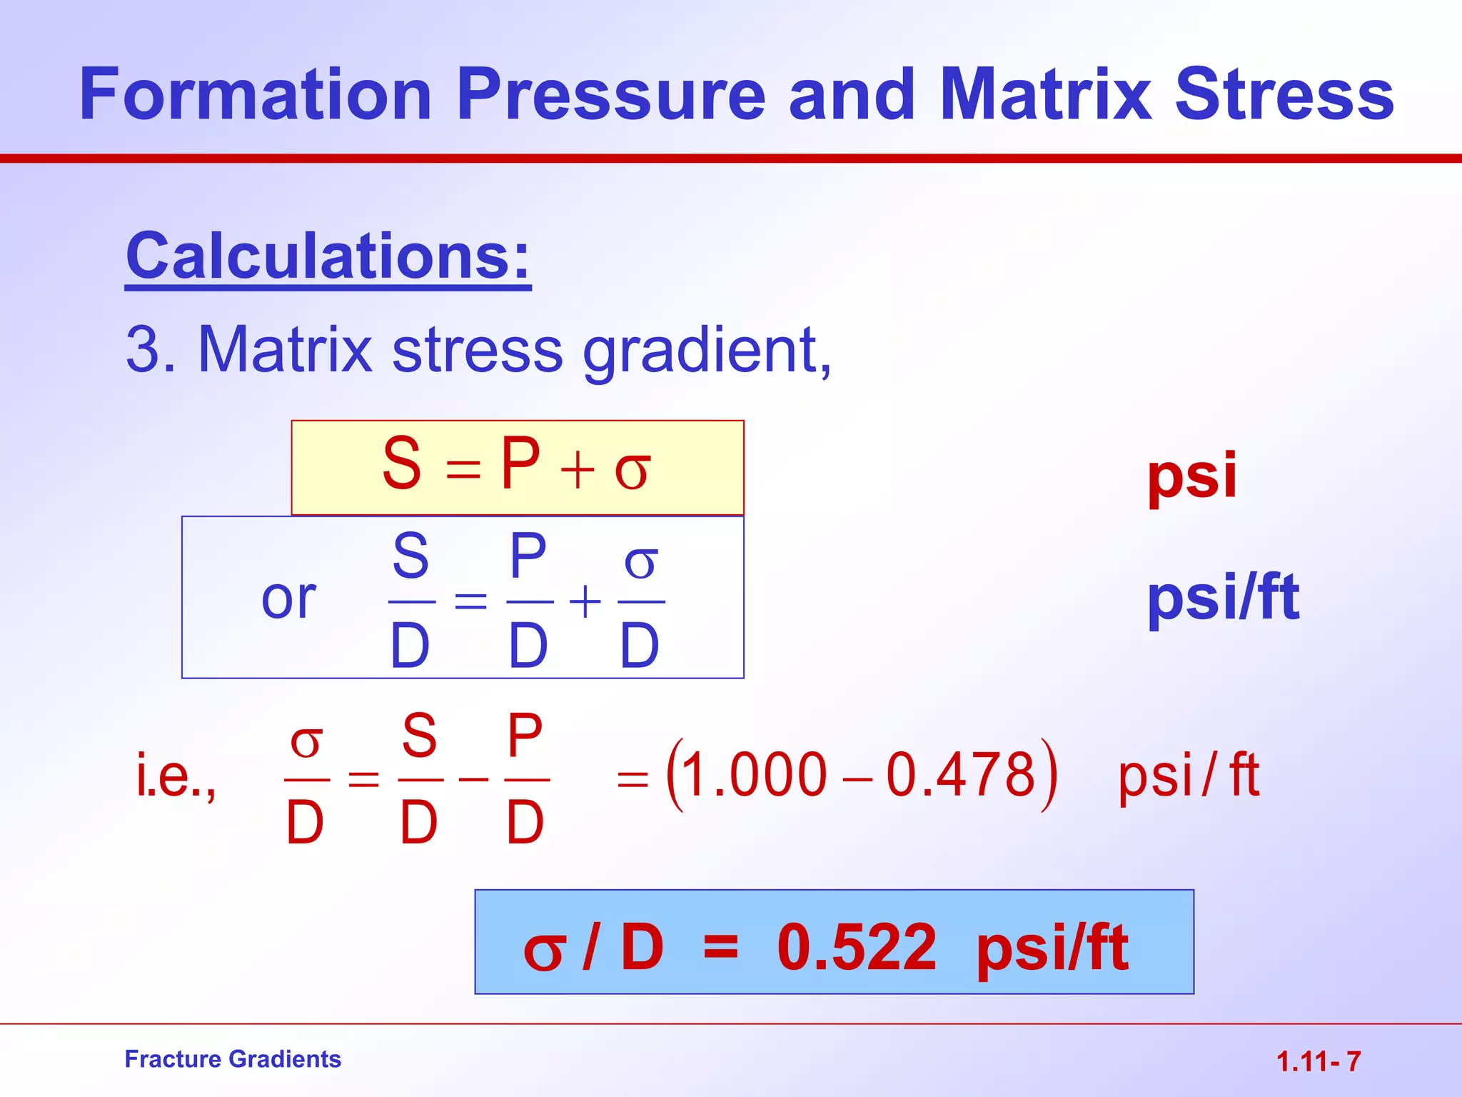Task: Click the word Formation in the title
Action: [x=255, y=94]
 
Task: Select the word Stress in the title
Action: [x=1284, y=94]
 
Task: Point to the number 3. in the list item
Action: [x=151, y=350]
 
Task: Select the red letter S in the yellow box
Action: [x=402, y=464]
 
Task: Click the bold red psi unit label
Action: [x=1191, y=476]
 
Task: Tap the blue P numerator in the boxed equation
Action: [x=528, y=557]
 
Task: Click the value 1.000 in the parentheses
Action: [x=754, y=776]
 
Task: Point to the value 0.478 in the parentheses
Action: [x=961, y=776]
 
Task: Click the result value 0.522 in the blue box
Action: [x=857, y=947]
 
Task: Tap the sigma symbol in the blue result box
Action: [x=544, y=951]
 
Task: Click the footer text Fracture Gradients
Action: [x=233, y=1059]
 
